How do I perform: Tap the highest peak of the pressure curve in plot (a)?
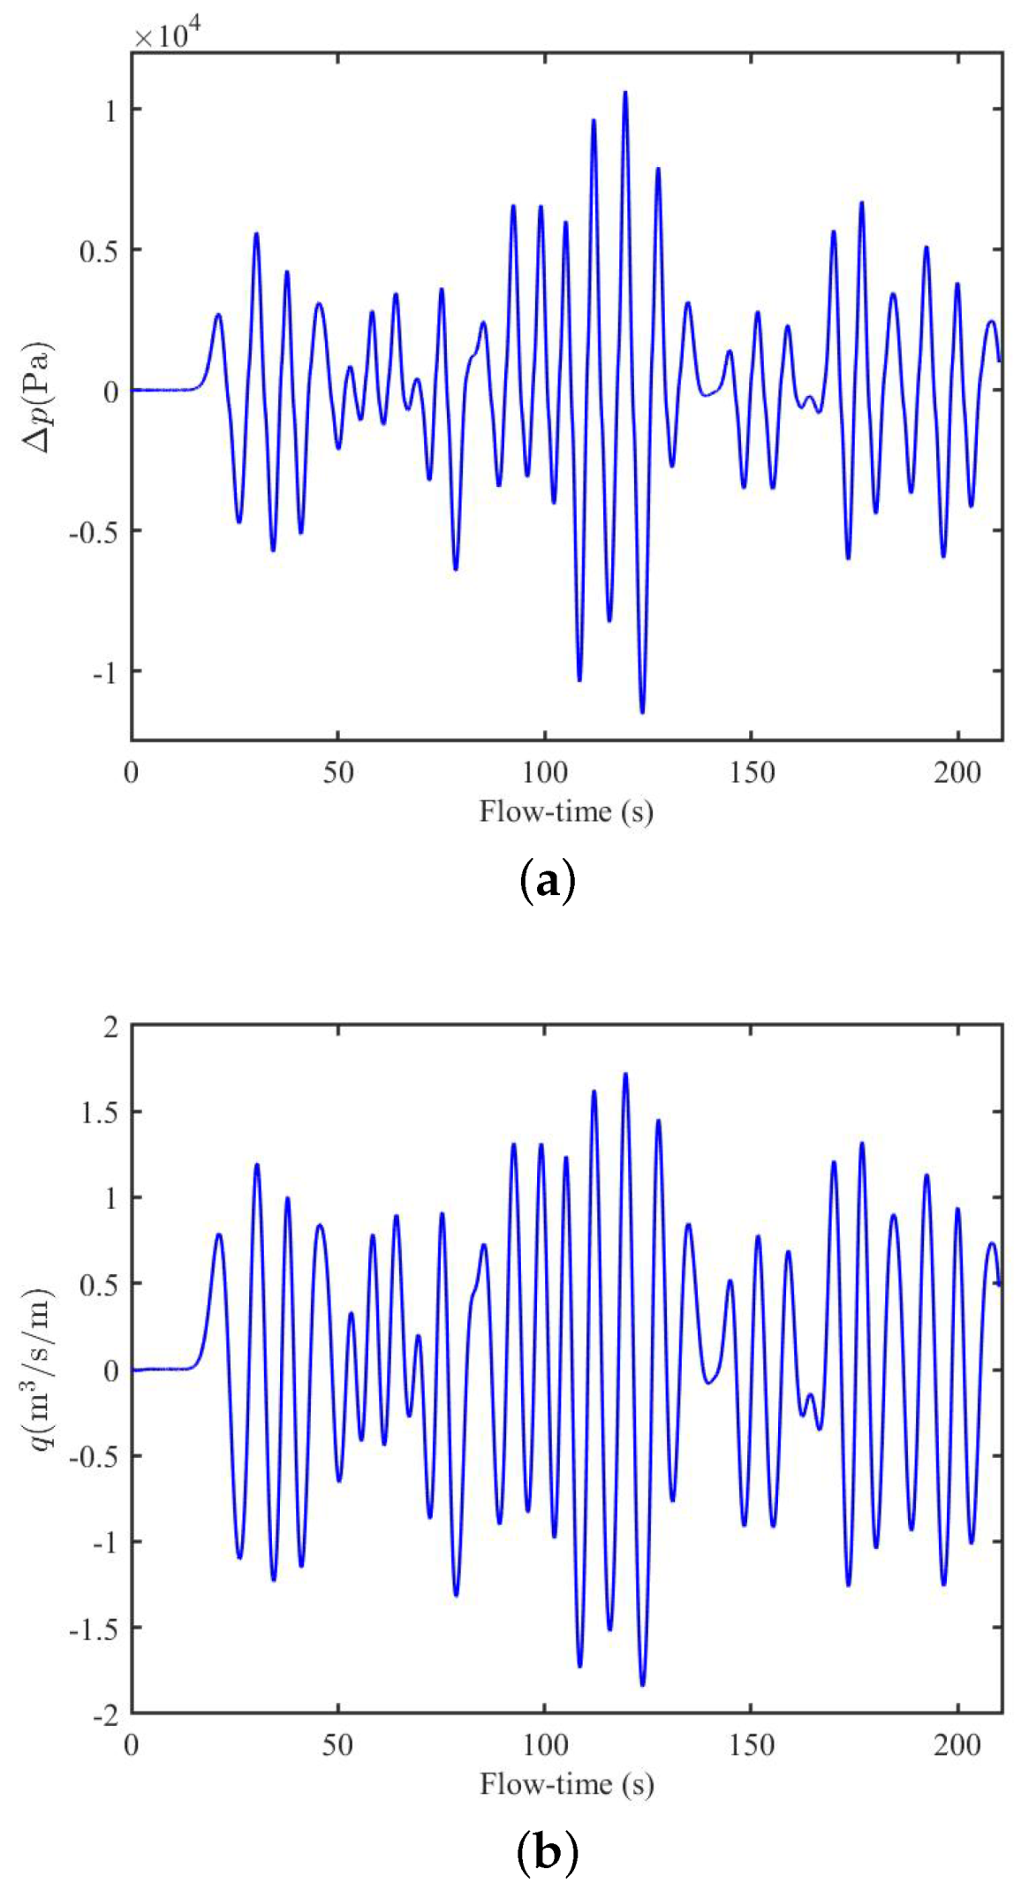coord(625,93)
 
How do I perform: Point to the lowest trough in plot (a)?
coord(642,711)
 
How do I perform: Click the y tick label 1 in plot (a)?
coord(110,110)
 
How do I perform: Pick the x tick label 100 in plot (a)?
coord(544,772)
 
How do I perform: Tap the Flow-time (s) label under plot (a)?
coord(566,811)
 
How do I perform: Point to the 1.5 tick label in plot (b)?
coord(98,1112)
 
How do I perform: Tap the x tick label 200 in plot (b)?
coord(957,1745)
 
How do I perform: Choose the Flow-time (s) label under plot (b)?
coord(566,1783)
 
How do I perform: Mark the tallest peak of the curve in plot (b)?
coord(625,1075)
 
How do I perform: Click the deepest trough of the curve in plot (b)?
coord(642,1684)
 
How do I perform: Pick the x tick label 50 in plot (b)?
coord(337,1745)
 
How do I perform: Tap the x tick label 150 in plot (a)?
coord(751,772)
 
